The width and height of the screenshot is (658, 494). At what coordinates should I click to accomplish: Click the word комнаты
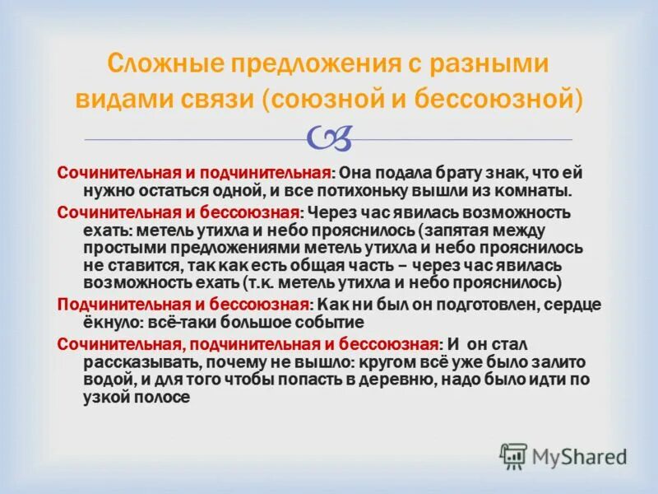pos(526,190)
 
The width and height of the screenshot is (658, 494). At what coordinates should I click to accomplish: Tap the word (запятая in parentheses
pos(456,231)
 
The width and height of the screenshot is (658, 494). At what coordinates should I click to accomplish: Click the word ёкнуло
pos(113,321)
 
